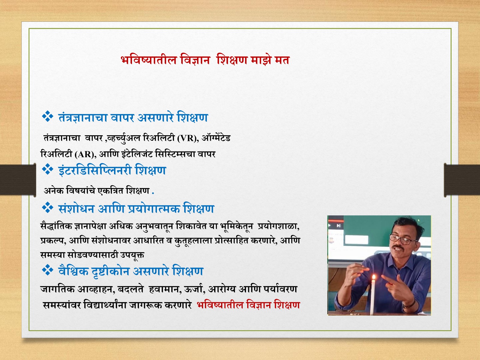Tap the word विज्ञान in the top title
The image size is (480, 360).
point(195,60)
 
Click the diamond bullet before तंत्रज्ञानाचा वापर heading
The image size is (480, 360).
point(47,116)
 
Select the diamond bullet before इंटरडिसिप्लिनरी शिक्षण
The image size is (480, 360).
point(47,169)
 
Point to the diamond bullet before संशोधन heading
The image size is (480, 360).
point(47,207)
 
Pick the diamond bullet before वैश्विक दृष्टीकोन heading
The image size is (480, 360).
point(47,270)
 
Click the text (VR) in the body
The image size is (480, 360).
point(188,138)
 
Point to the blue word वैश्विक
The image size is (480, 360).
point(73,271)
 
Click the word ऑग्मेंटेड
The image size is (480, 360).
point(216,138)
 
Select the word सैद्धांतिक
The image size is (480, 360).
point(56,226)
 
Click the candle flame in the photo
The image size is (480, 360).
point(374,277)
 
